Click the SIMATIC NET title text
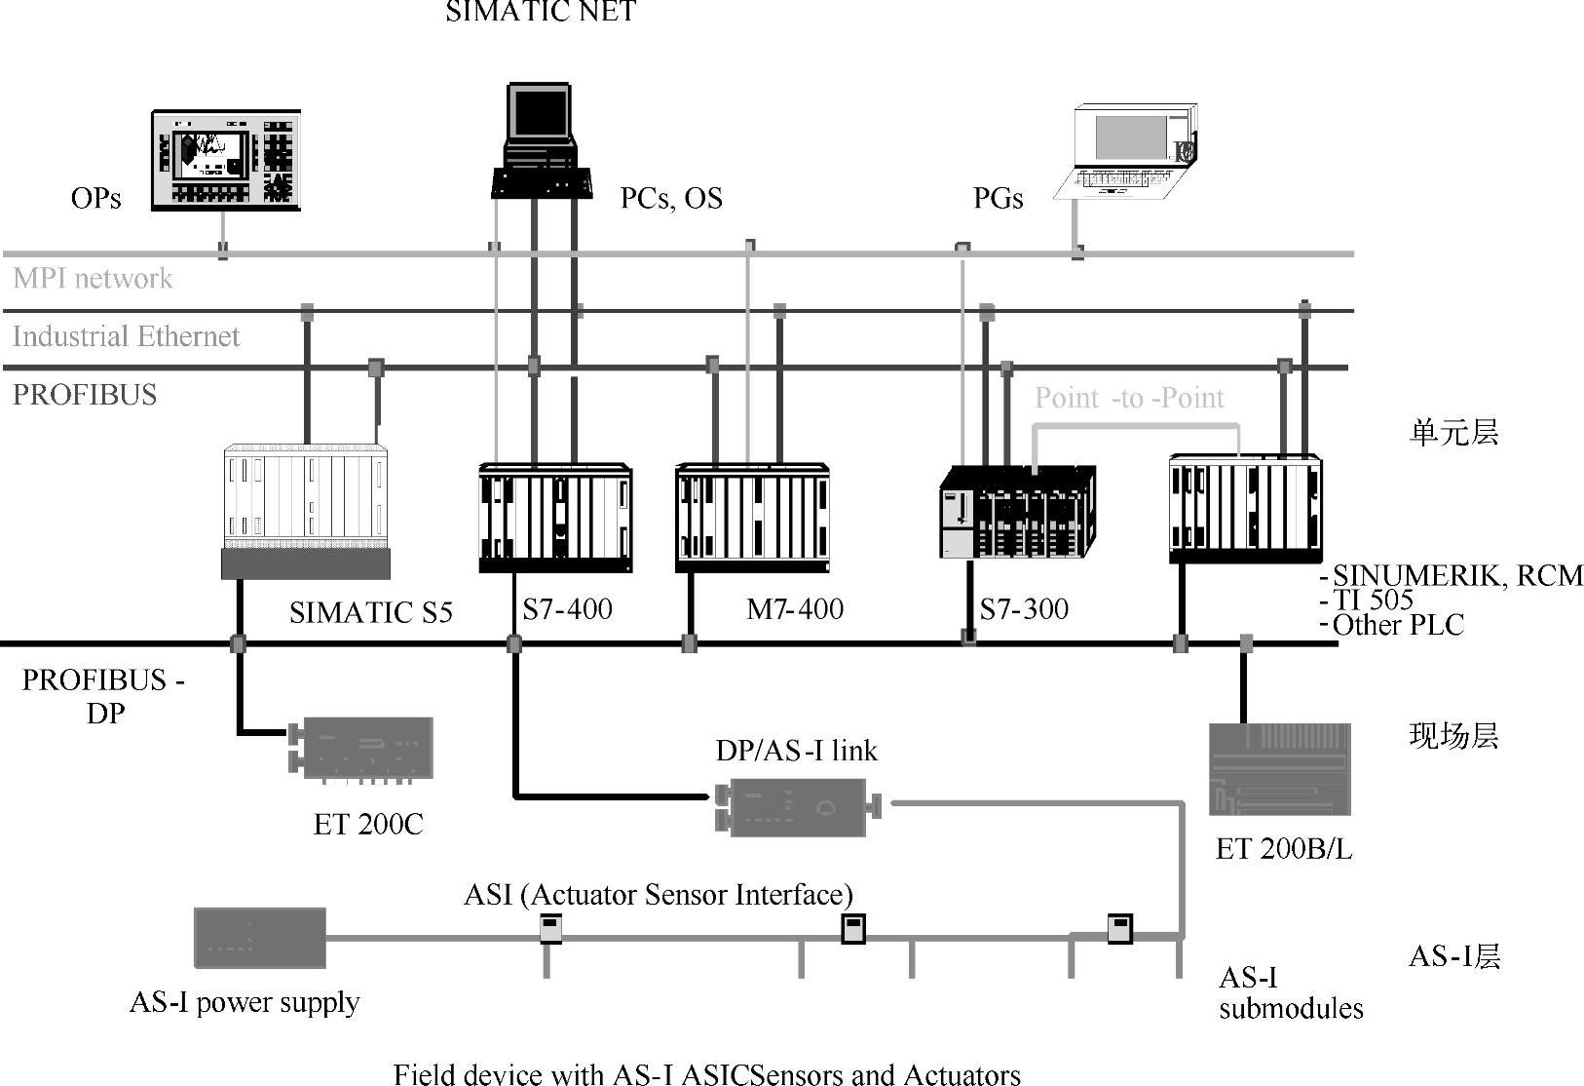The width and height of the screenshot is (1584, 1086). coord(541,12)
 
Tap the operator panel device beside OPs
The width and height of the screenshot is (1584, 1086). coord(226,161)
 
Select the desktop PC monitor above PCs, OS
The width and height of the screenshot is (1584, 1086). coord(539,115)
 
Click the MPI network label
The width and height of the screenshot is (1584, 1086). coord(93,279)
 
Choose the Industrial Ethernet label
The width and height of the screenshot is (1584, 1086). coord(126,336)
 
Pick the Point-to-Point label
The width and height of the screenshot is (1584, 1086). coord(1129,398)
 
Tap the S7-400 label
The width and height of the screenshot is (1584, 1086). coord(567,609)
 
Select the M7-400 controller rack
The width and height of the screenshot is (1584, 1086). coord(752,517)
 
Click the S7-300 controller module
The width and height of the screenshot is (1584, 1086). coord(1017,512)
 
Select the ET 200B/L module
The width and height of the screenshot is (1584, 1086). coord(1280,769)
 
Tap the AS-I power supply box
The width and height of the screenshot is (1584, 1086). coord(259,938)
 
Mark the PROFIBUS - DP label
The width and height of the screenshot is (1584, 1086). coord(103,696)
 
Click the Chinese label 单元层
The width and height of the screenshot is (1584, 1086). coord(1453,432)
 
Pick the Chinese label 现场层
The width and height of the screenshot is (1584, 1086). coord(1453,735)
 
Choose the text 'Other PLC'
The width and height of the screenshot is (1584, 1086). coord(1397,625)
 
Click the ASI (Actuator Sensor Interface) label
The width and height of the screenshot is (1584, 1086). coord(659,894)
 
